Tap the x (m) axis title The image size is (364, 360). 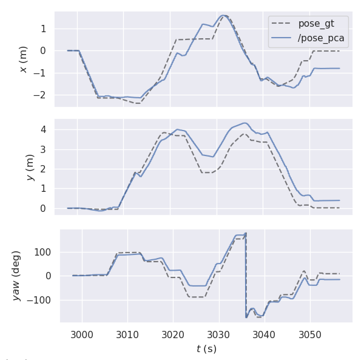click(x=23, y=59)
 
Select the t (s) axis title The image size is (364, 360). click(x=206, y=348)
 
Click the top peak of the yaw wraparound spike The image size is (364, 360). click(x=245, y=233)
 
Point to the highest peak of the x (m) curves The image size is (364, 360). click(x=223, y=15)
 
